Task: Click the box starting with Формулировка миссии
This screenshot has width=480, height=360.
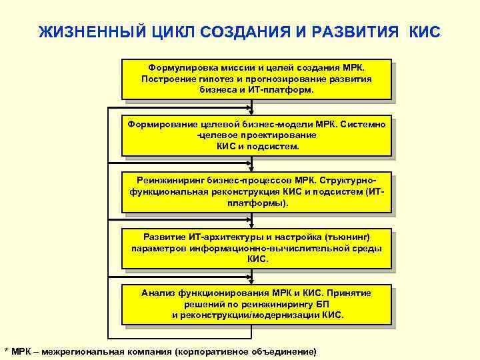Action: tap(256, 79)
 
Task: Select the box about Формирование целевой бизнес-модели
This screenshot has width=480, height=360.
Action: tap(256, 135)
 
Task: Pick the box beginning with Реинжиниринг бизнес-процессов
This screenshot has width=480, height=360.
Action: tap(256, 192)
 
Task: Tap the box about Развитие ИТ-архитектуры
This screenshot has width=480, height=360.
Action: tap(256, 249)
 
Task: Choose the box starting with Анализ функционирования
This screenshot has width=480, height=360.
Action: tap(256, 304)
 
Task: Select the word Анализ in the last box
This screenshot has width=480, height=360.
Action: tap(157, 293)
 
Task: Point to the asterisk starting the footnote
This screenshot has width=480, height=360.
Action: tap(6, 351)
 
